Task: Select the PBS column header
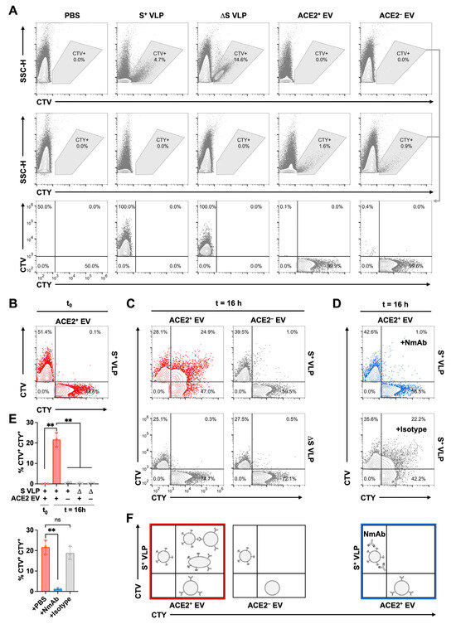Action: (70, 16)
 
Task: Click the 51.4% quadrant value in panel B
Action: (46, 308)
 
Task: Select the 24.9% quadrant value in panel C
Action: (206, 308)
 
